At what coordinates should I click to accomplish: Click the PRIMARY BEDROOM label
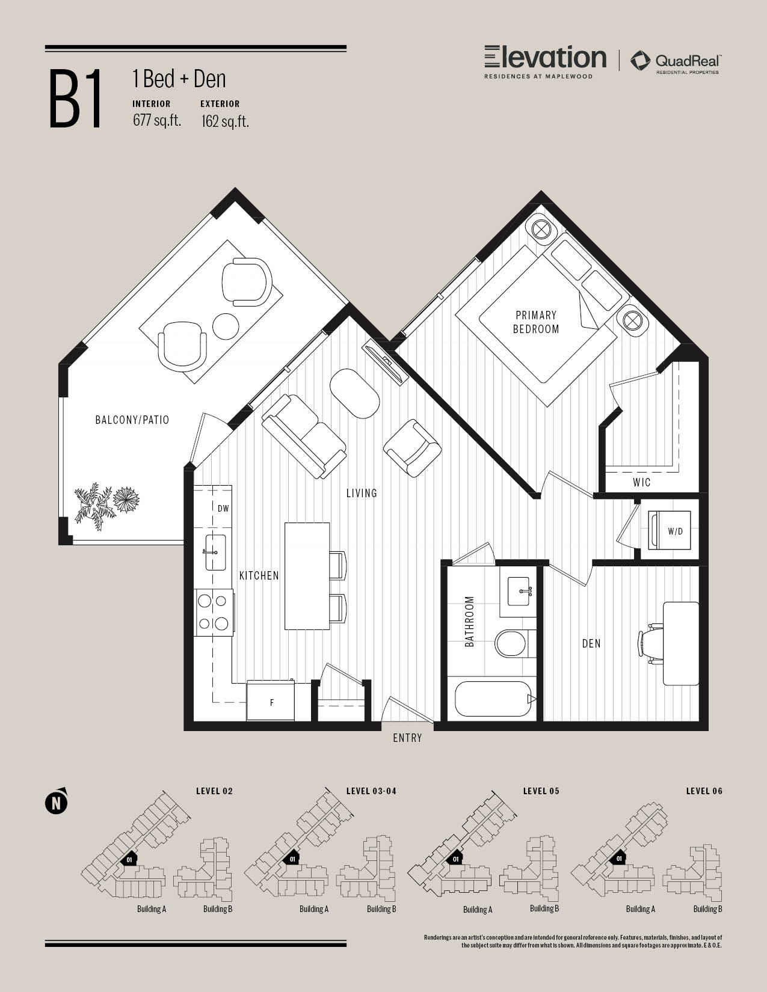tap(536, 322)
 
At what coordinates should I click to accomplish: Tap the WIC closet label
tap(641, 482)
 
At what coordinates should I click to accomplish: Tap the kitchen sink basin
tap(215, 553)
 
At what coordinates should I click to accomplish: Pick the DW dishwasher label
tap(223, 509)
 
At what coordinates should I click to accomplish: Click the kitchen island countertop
tap(307, 576)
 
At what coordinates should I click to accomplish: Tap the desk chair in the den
tap(650, 643)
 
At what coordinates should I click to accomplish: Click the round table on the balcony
tap(226, 326)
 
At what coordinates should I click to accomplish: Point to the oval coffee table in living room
tap(354, 393)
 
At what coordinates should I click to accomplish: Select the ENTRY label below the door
tap(407, 738)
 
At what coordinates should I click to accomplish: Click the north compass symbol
tap(56, 803)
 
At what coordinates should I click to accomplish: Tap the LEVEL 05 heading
tap(541, 791)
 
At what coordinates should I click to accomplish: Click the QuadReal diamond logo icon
tap(640, 61)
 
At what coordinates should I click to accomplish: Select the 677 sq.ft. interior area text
tap(157, 120)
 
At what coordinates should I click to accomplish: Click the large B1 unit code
tap(75, 99)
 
